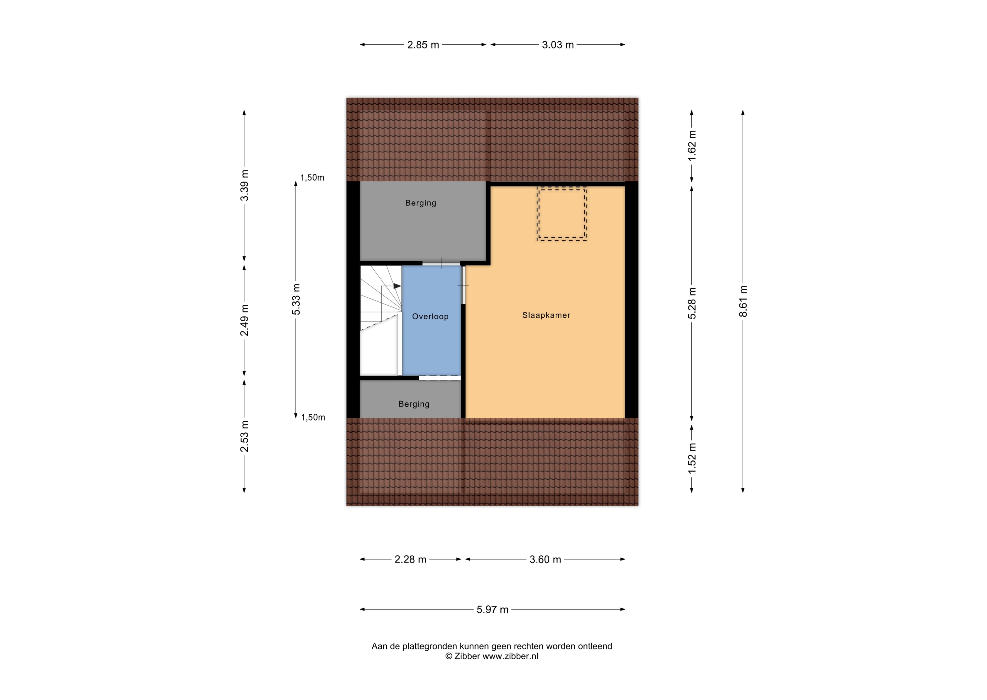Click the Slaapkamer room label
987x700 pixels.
point(546,315)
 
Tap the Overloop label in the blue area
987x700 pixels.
point(430,316)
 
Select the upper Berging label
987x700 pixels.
point(421,203)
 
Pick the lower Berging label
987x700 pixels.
point(414,404)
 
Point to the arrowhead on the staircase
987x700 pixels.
point(397,286)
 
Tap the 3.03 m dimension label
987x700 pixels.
point(558,45)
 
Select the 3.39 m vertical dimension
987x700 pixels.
point(244,185)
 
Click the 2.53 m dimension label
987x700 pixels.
point(244,436)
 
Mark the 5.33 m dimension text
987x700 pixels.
point(296,299)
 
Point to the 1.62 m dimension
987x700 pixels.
point(692,146)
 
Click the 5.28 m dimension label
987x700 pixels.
point(692,303)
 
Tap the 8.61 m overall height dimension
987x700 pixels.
point(743,301)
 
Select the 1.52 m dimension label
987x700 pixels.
point(692,458)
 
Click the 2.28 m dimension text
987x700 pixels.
point(410,559)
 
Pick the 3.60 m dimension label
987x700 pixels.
point(545,559)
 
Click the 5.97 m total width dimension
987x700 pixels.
point(493,609)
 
